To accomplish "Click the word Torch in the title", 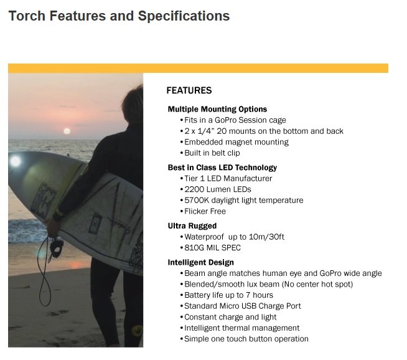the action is pyautogui.click(x=27, y=16).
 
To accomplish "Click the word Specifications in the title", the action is pyautogui.click(x=184, y=16).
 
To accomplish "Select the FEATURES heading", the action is pyautogui.click(x=189, y=90).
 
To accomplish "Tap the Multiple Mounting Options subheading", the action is pyautogui.click(x=217, y=110).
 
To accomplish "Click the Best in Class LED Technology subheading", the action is pyautogui.click(x=222, y=168).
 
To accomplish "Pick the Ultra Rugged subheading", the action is pyautogui.click(x=192, y=226).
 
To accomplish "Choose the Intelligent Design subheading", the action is pyautogui.click(x=200, y=263).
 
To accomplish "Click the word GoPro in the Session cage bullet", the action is pyautogui.click(x=225, y=120).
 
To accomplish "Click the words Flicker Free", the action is pyautogui.click(x=205, y=211).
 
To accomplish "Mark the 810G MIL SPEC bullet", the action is pyautogui.click(x=212, y=248).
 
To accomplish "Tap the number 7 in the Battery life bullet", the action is pyautogui.click(x=248, y=295).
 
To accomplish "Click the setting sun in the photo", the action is pyautogui.click(x=67, y=131).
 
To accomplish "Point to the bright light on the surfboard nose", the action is pyautogui.click(x=16, y=161).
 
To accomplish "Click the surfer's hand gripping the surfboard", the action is pyautogui.click(x=53, y=227).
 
